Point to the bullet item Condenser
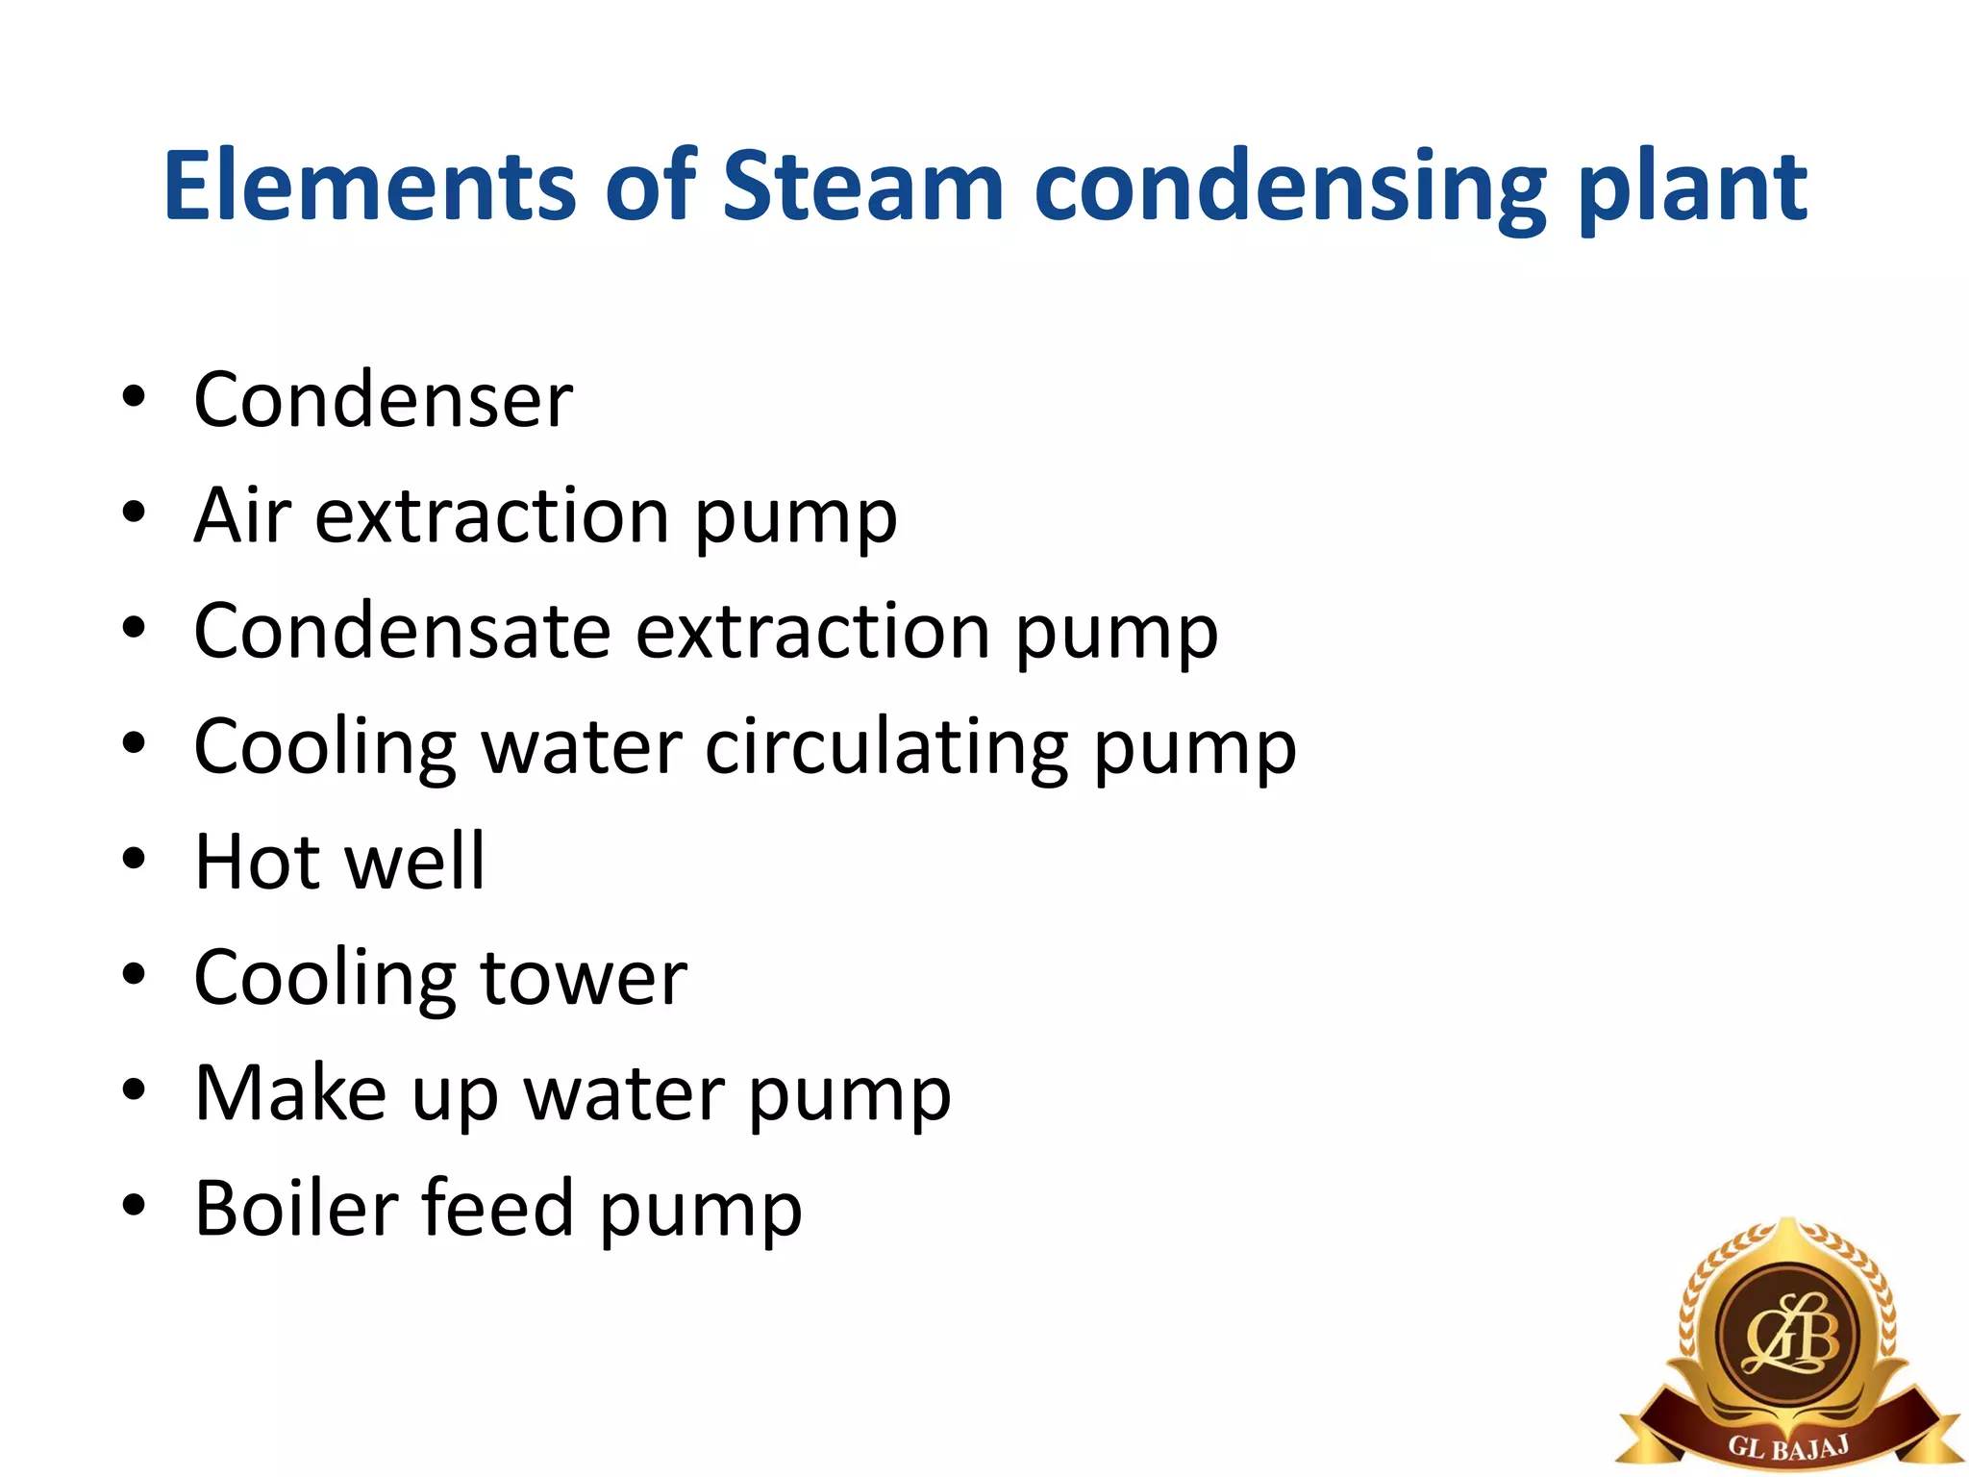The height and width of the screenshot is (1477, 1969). [383, 400]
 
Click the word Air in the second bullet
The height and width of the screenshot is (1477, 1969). [242, 515]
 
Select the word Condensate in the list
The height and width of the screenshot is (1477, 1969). [402, 632]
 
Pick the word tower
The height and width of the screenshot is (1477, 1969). [584, 978]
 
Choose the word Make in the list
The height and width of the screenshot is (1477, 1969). [289, 1093]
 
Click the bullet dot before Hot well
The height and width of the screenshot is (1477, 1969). [134, 857]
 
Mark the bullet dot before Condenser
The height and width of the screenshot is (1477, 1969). [134, 395]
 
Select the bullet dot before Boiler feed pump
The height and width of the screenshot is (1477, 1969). [134, 1204]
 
